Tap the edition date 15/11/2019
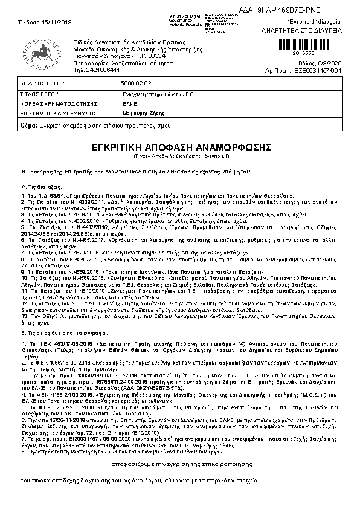click(x=38, y=21)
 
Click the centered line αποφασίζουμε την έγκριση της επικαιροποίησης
click(x=179, y=463)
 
